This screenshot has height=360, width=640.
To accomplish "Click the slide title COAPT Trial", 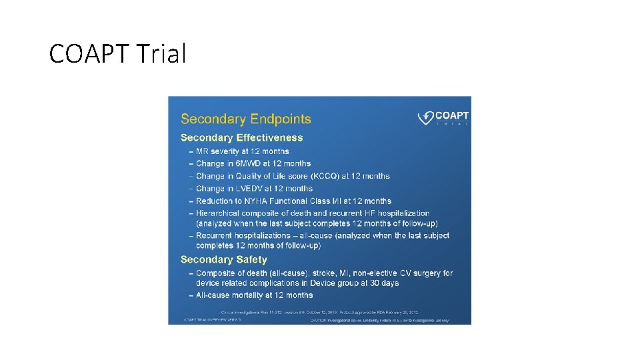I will click(117, 54).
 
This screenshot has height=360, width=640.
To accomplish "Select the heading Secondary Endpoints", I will click(245, 119).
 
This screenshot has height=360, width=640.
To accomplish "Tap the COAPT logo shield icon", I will click(425, 118).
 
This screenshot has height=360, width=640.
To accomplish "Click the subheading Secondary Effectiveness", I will click(241, 138).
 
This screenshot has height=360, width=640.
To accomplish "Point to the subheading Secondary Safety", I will click(223, 259).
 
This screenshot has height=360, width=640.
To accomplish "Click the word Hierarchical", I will click(223, 213).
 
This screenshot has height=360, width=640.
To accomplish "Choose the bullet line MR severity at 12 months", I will click(243, 151).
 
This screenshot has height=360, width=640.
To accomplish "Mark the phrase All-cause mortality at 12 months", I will click(254, 295).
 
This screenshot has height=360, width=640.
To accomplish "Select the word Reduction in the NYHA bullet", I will click(217, 201).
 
